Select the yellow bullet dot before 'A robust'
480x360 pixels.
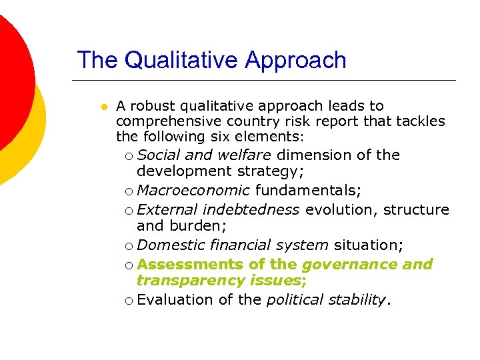103,107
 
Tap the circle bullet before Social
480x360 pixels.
128,156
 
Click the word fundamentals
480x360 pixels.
307,191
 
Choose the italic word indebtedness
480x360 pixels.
251,209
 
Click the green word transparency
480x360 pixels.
190,281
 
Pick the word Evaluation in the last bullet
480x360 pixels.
175,299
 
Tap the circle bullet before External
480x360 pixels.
128,211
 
